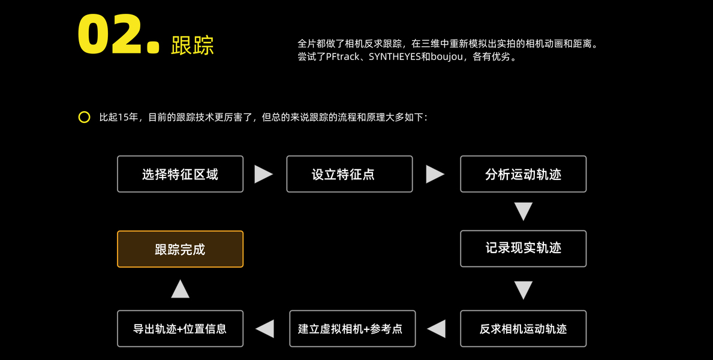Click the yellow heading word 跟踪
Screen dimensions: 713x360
click(192, 45)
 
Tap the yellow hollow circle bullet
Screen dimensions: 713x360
click(84, 117)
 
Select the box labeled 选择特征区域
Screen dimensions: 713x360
click(180, 174)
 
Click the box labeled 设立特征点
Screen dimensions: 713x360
click(349, 174)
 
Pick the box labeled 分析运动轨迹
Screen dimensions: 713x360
click(523, 174)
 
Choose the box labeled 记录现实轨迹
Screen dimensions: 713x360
click(523, 248)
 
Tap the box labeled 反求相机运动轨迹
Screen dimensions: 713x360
click(523, 328)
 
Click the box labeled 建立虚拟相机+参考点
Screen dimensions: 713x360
click(352, 328)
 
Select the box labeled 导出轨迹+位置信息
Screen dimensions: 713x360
click(180, 328)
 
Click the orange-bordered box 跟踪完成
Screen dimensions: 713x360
click(180, 249)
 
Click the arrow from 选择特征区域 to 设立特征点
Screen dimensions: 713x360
click(263, 174)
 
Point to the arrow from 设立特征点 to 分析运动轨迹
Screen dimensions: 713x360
click(435, 174)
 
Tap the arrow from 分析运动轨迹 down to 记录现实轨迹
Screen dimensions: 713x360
click(523, 211)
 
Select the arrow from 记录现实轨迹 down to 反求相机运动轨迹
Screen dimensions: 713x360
click(523, 290)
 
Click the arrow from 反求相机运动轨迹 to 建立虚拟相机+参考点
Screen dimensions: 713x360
click(437, 328)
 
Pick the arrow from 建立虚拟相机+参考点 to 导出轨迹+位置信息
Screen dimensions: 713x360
click(265, 328)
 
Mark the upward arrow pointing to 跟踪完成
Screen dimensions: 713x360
click(180, 289)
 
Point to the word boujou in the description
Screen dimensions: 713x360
click(447, 58)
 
